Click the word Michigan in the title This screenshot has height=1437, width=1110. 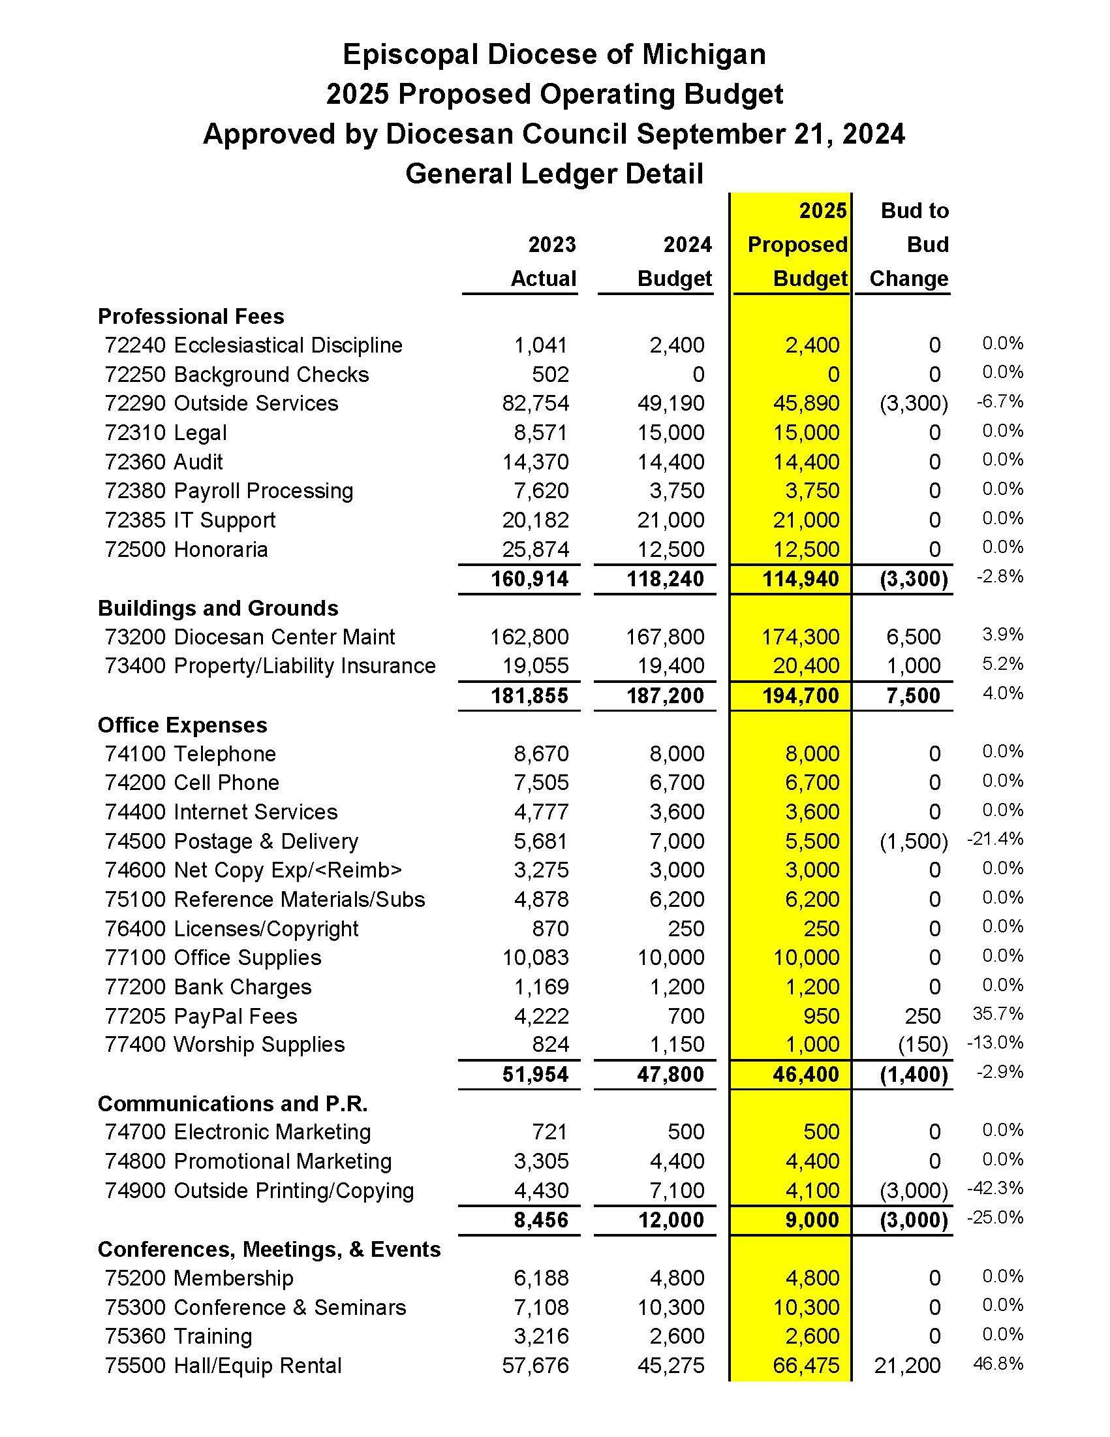pyautogui.click(x=703, y=54)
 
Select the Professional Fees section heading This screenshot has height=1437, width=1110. pyautogui.click(x=191, y=317)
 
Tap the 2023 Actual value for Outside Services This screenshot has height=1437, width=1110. pyautogui.click(x=535, y=403)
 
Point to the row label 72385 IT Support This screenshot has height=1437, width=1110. pyautogui.click(x=190, y=520)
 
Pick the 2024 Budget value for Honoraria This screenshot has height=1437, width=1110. pyautogui.click(x=671, y=549)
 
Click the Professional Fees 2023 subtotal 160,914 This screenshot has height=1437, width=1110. pyautogui.click(x=529, y=579)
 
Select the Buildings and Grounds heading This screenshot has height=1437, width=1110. pyautogui.click(x=218, y=608)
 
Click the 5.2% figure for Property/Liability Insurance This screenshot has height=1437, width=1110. pyautogui.click(x=1002, y=664)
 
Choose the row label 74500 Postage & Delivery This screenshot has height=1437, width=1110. pyautogui.click(x=232, y=842)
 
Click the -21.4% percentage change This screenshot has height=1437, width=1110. pyautogui.click(x=995, y=839)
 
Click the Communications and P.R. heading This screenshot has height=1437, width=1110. pyautogui.click(x=233, y=1103)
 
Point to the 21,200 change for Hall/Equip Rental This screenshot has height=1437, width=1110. pyautogui.click(x=908, y=1366)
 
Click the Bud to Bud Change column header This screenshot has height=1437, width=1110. pyautogui.click(x=910, y=245)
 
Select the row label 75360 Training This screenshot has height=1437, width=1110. pyautogui.click(x=178, y=1337)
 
